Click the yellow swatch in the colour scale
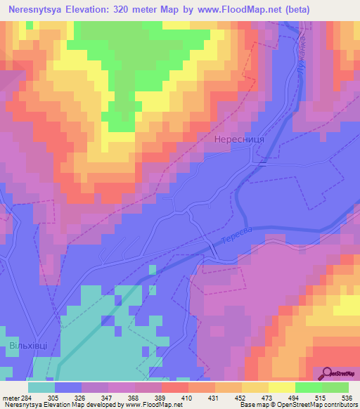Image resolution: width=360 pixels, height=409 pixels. [x=282, y=387]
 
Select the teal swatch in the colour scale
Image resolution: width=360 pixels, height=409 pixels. [x=41, y=387]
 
